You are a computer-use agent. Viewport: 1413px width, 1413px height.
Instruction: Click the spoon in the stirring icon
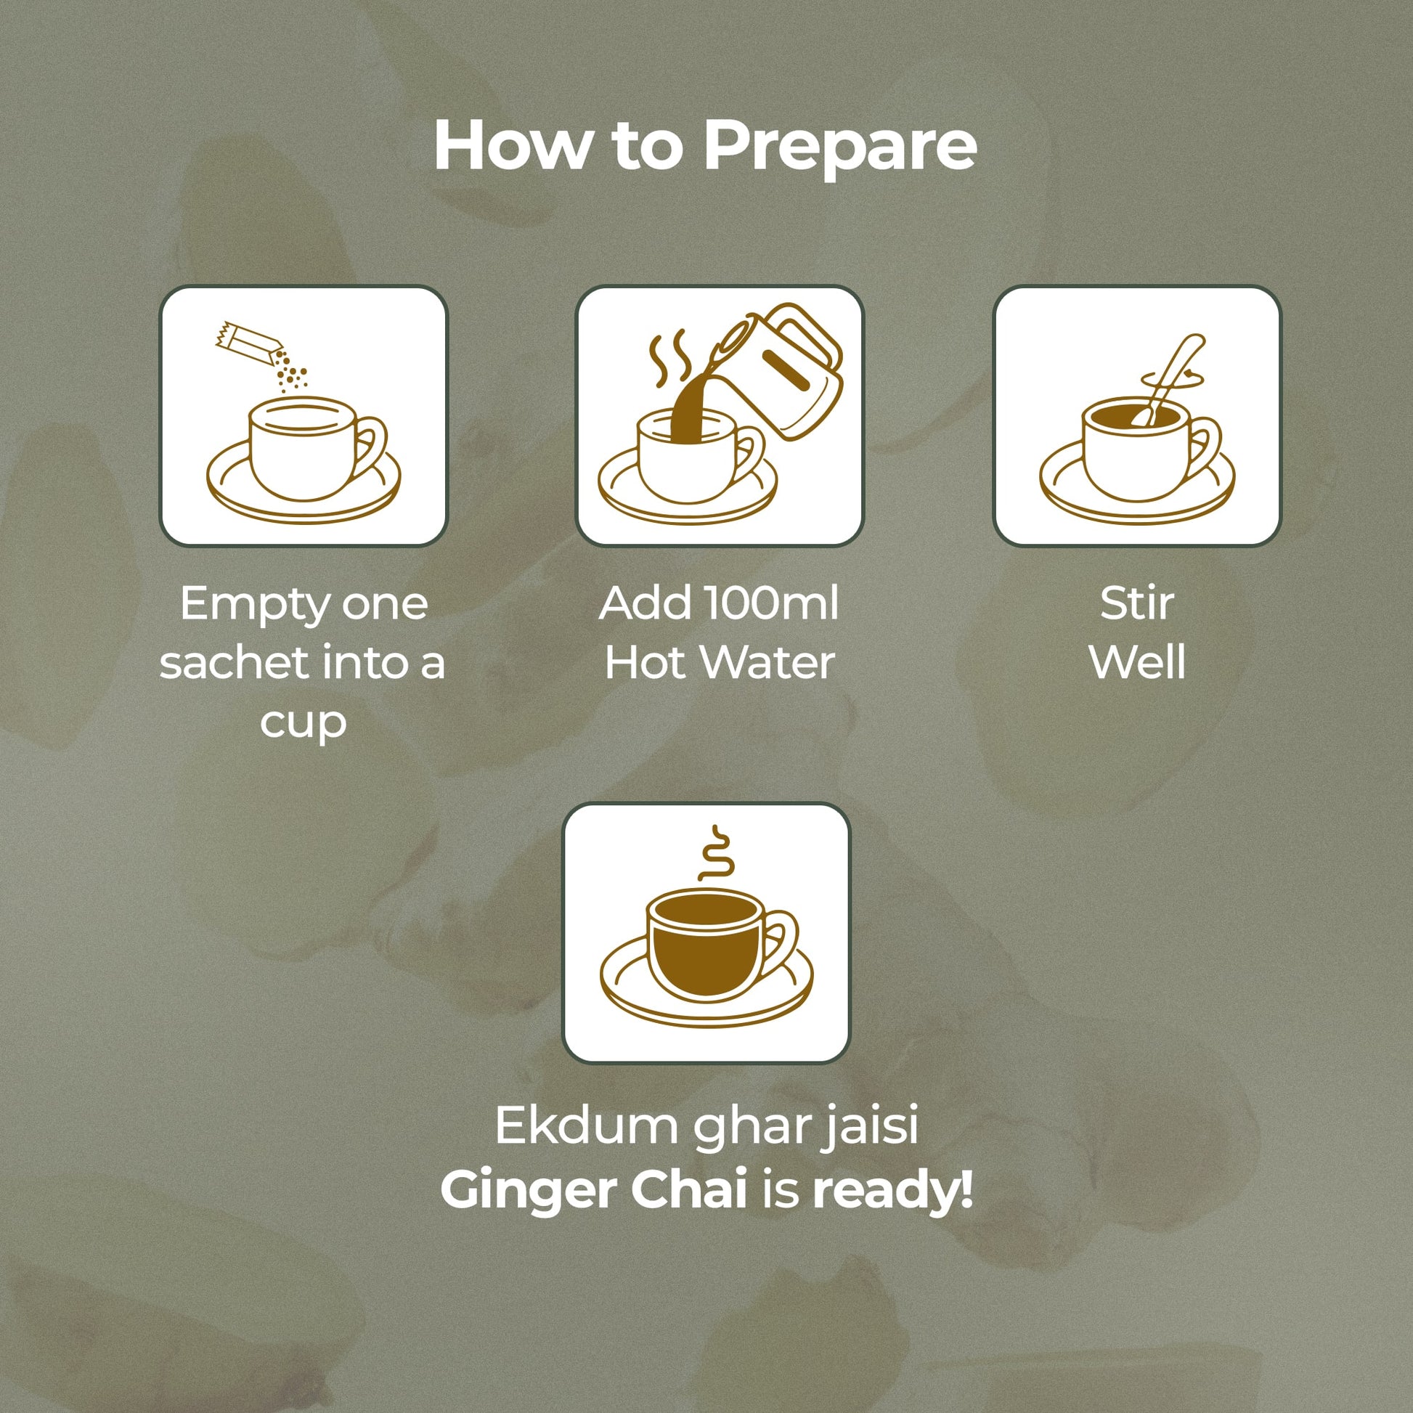pyautogui.click(x=1169, y=381)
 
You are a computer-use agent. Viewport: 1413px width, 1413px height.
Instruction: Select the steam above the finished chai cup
pyautogui.click(x=714, y=853)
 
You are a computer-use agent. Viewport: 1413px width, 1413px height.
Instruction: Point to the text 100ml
pyautogui.click(x=771, y=603)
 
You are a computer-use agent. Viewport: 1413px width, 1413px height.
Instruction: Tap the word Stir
pyautogui.click(x=1137, y=603)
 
